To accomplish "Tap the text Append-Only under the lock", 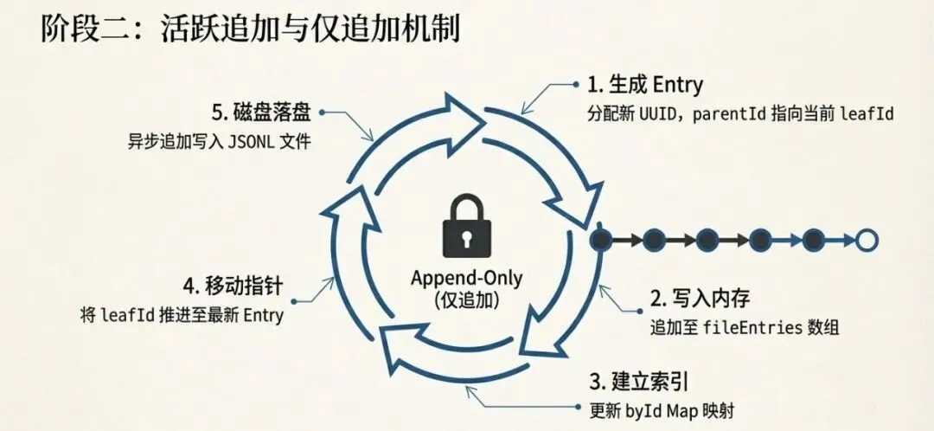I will [x=467, y=279].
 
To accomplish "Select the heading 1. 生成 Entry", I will [x=644, y=85].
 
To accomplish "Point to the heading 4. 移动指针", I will [x=233, y=285].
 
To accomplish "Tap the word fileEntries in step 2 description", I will [x=748, y=329].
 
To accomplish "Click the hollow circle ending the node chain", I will [x=865, y=239].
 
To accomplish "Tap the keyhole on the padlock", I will [x=466, y=235].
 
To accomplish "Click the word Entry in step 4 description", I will [x=263, y=316].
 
